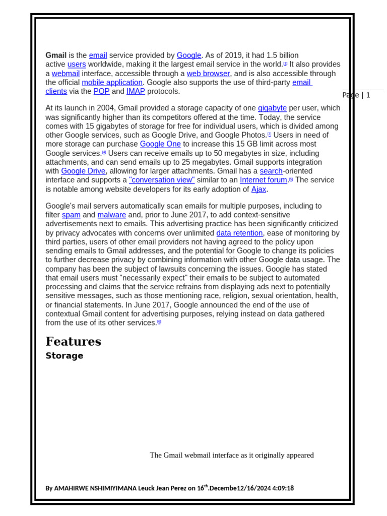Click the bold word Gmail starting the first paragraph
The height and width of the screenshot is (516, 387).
click(56, 55)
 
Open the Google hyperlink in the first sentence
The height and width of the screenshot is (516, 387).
click(189, 55)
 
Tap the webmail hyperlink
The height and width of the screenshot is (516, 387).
click(66, 74)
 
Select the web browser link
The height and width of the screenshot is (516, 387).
click(208, 74)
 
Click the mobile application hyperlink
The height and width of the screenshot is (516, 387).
click(112, 83)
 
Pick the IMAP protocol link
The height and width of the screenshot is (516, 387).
click(136, 91)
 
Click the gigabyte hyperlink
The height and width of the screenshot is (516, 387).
click(272, 108)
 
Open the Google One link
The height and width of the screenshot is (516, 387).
click(160, 144)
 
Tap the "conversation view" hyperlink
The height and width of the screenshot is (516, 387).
click(162, 180)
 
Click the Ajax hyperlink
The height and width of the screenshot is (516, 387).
click(259, 189)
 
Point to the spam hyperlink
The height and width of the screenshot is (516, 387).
click(71, 215)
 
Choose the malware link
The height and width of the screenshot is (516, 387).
click(111, 215)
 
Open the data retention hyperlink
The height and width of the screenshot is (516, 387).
click(239, 233)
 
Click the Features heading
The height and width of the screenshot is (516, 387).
click(73, 342)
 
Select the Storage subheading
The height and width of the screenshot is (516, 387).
click(64, 356)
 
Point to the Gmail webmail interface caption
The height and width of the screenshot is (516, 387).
click(232, 456)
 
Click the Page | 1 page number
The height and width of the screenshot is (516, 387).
click(356, 95)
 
